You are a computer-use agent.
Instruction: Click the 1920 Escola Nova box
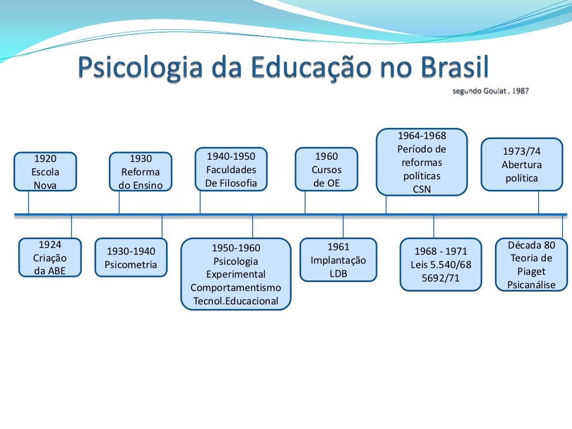pyautogui.click(x=45, y=171)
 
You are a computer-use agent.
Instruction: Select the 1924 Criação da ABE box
pyautogui.click(x=50, y=258)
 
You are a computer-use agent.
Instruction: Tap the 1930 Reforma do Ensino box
pyautogui.click(x=141, y=172)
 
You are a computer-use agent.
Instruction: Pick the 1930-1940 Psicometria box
pyautogui.click(x=131, y=258)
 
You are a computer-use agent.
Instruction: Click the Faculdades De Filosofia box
pyautogui.click(x=231, y=169)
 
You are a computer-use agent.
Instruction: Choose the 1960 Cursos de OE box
pyautogui.click(x=326, y=170)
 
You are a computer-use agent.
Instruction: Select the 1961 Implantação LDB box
pyautogui.click(x=338, y=260)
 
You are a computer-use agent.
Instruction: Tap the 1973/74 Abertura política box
pyautogui.click(x=522, y=165)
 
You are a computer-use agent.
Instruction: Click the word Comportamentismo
pyautogui.click(x=236, y=288)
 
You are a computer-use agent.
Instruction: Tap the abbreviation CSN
pyautogui.click(x=422, y=189)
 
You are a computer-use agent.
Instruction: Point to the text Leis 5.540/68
pyautogui.click(x=441, y=264)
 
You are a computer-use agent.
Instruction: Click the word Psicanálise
pyautogui.click(x=531, y=285)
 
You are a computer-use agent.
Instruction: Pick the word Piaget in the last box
pyautogui.click(x=531, y=271)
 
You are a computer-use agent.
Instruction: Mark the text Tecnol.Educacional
pyautogui.click(x=236, y=301)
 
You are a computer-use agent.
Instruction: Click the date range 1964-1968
pyautogui.click(x=422, y=136)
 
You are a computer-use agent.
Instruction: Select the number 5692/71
pyautogui.click(x=441, y=278)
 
